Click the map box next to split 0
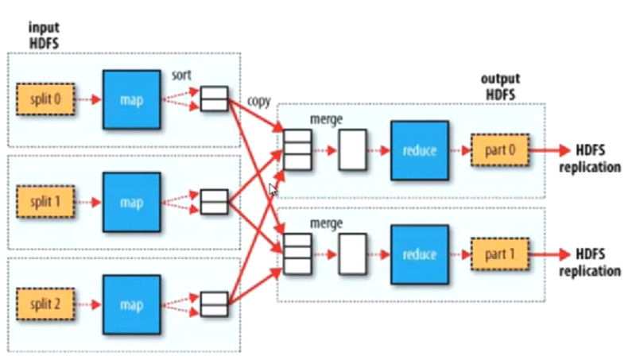point(132,100)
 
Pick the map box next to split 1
point(132,202)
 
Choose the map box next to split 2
point(132,304)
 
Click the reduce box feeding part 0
point(419,150)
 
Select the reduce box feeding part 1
point(419,254)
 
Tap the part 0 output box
point(497,150)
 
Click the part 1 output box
point(497,254)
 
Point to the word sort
point(182,74)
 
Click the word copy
point(259,102)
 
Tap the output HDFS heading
point(500,87)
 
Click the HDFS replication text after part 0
point(589,158)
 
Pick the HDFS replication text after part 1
point(589,262)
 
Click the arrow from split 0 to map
point(87,100)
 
